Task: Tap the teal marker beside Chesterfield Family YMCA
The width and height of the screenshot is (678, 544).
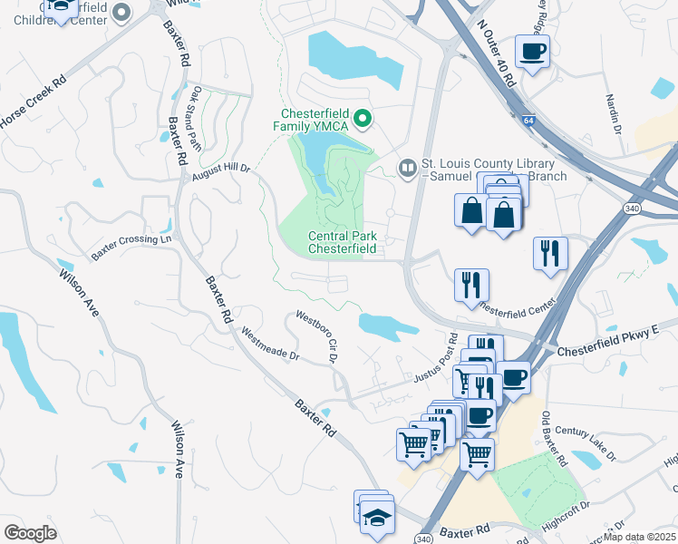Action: click(363, 118)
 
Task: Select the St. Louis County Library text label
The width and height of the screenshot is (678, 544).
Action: click(495, 169)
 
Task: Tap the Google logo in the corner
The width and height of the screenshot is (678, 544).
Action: click(30, 532)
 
